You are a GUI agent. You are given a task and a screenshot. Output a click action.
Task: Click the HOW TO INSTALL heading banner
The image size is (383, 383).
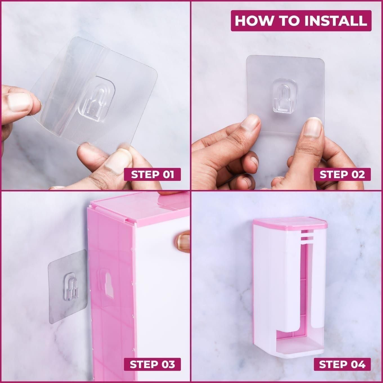(301, 21)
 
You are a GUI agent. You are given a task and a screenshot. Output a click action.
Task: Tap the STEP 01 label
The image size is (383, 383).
(152, 174)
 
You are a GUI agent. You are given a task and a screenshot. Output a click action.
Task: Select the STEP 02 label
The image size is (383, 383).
(342, 174)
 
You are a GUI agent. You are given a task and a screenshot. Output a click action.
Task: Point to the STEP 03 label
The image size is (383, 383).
(152, 364)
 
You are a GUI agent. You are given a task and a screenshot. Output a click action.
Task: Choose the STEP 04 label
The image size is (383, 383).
(342, 364)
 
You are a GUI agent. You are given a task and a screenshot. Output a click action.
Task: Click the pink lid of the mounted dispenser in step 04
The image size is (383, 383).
(290, 224)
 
